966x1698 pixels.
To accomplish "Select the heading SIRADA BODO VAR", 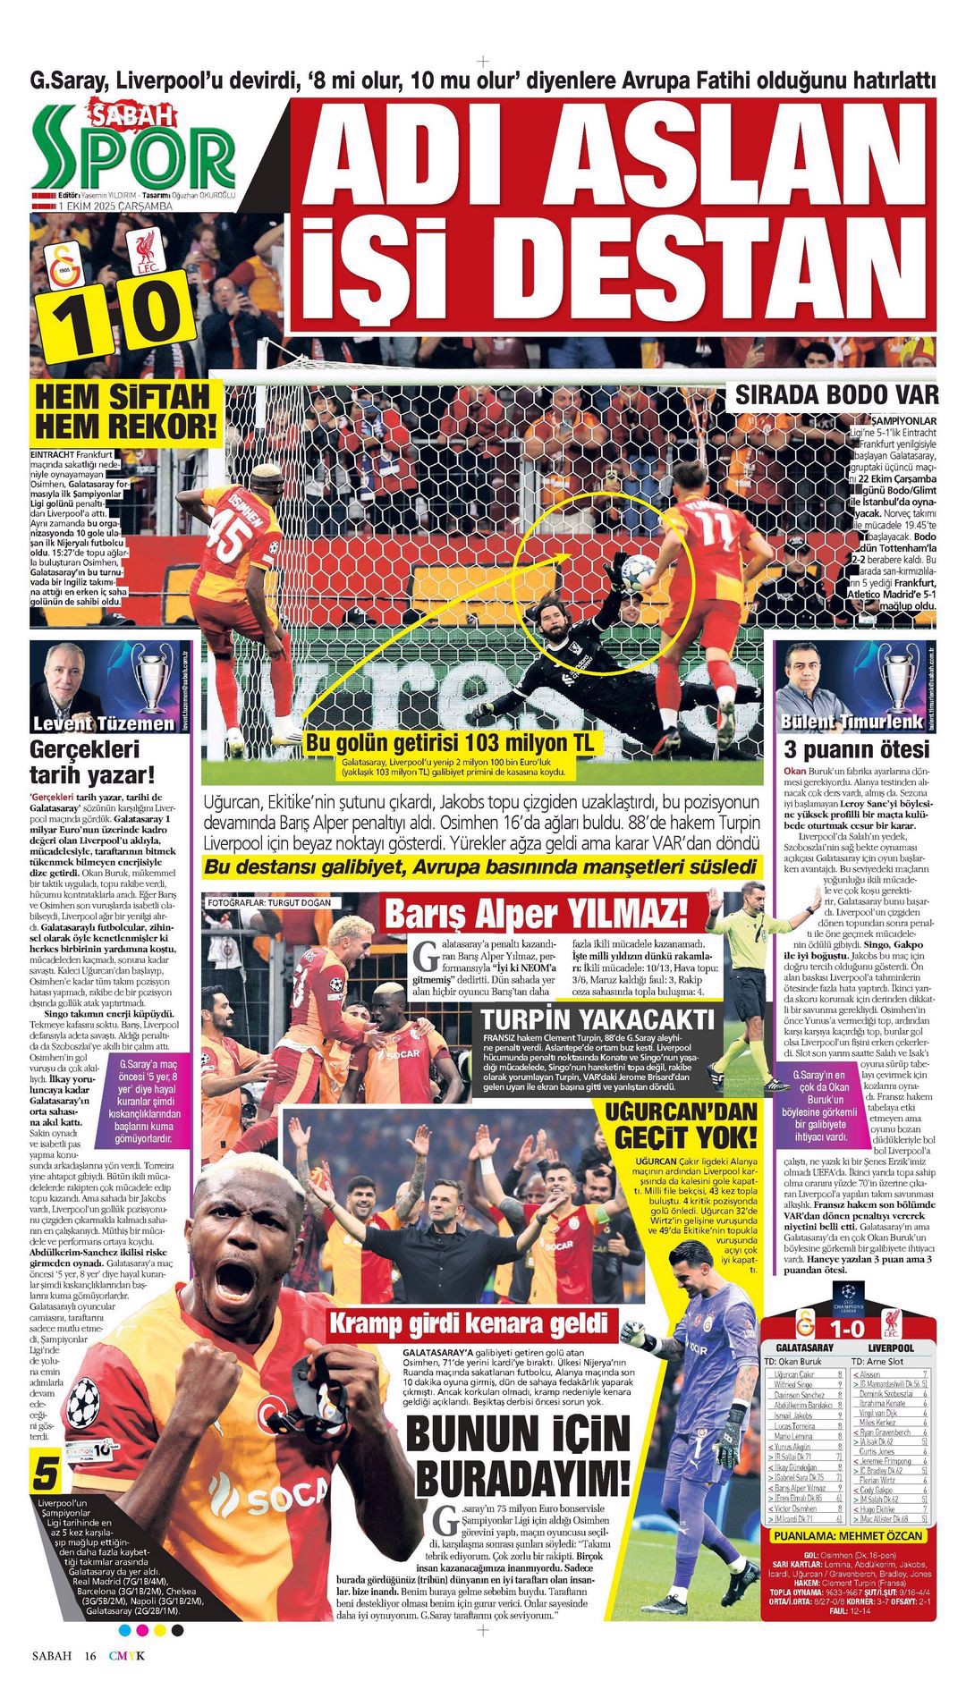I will tap(836, 394).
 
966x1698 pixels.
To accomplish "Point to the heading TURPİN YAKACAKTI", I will tap(597, 1019).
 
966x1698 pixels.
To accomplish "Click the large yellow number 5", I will tap(47, 1474).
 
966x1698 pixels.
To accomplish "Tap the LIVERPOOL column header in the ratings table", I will tap(890, 1347).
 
